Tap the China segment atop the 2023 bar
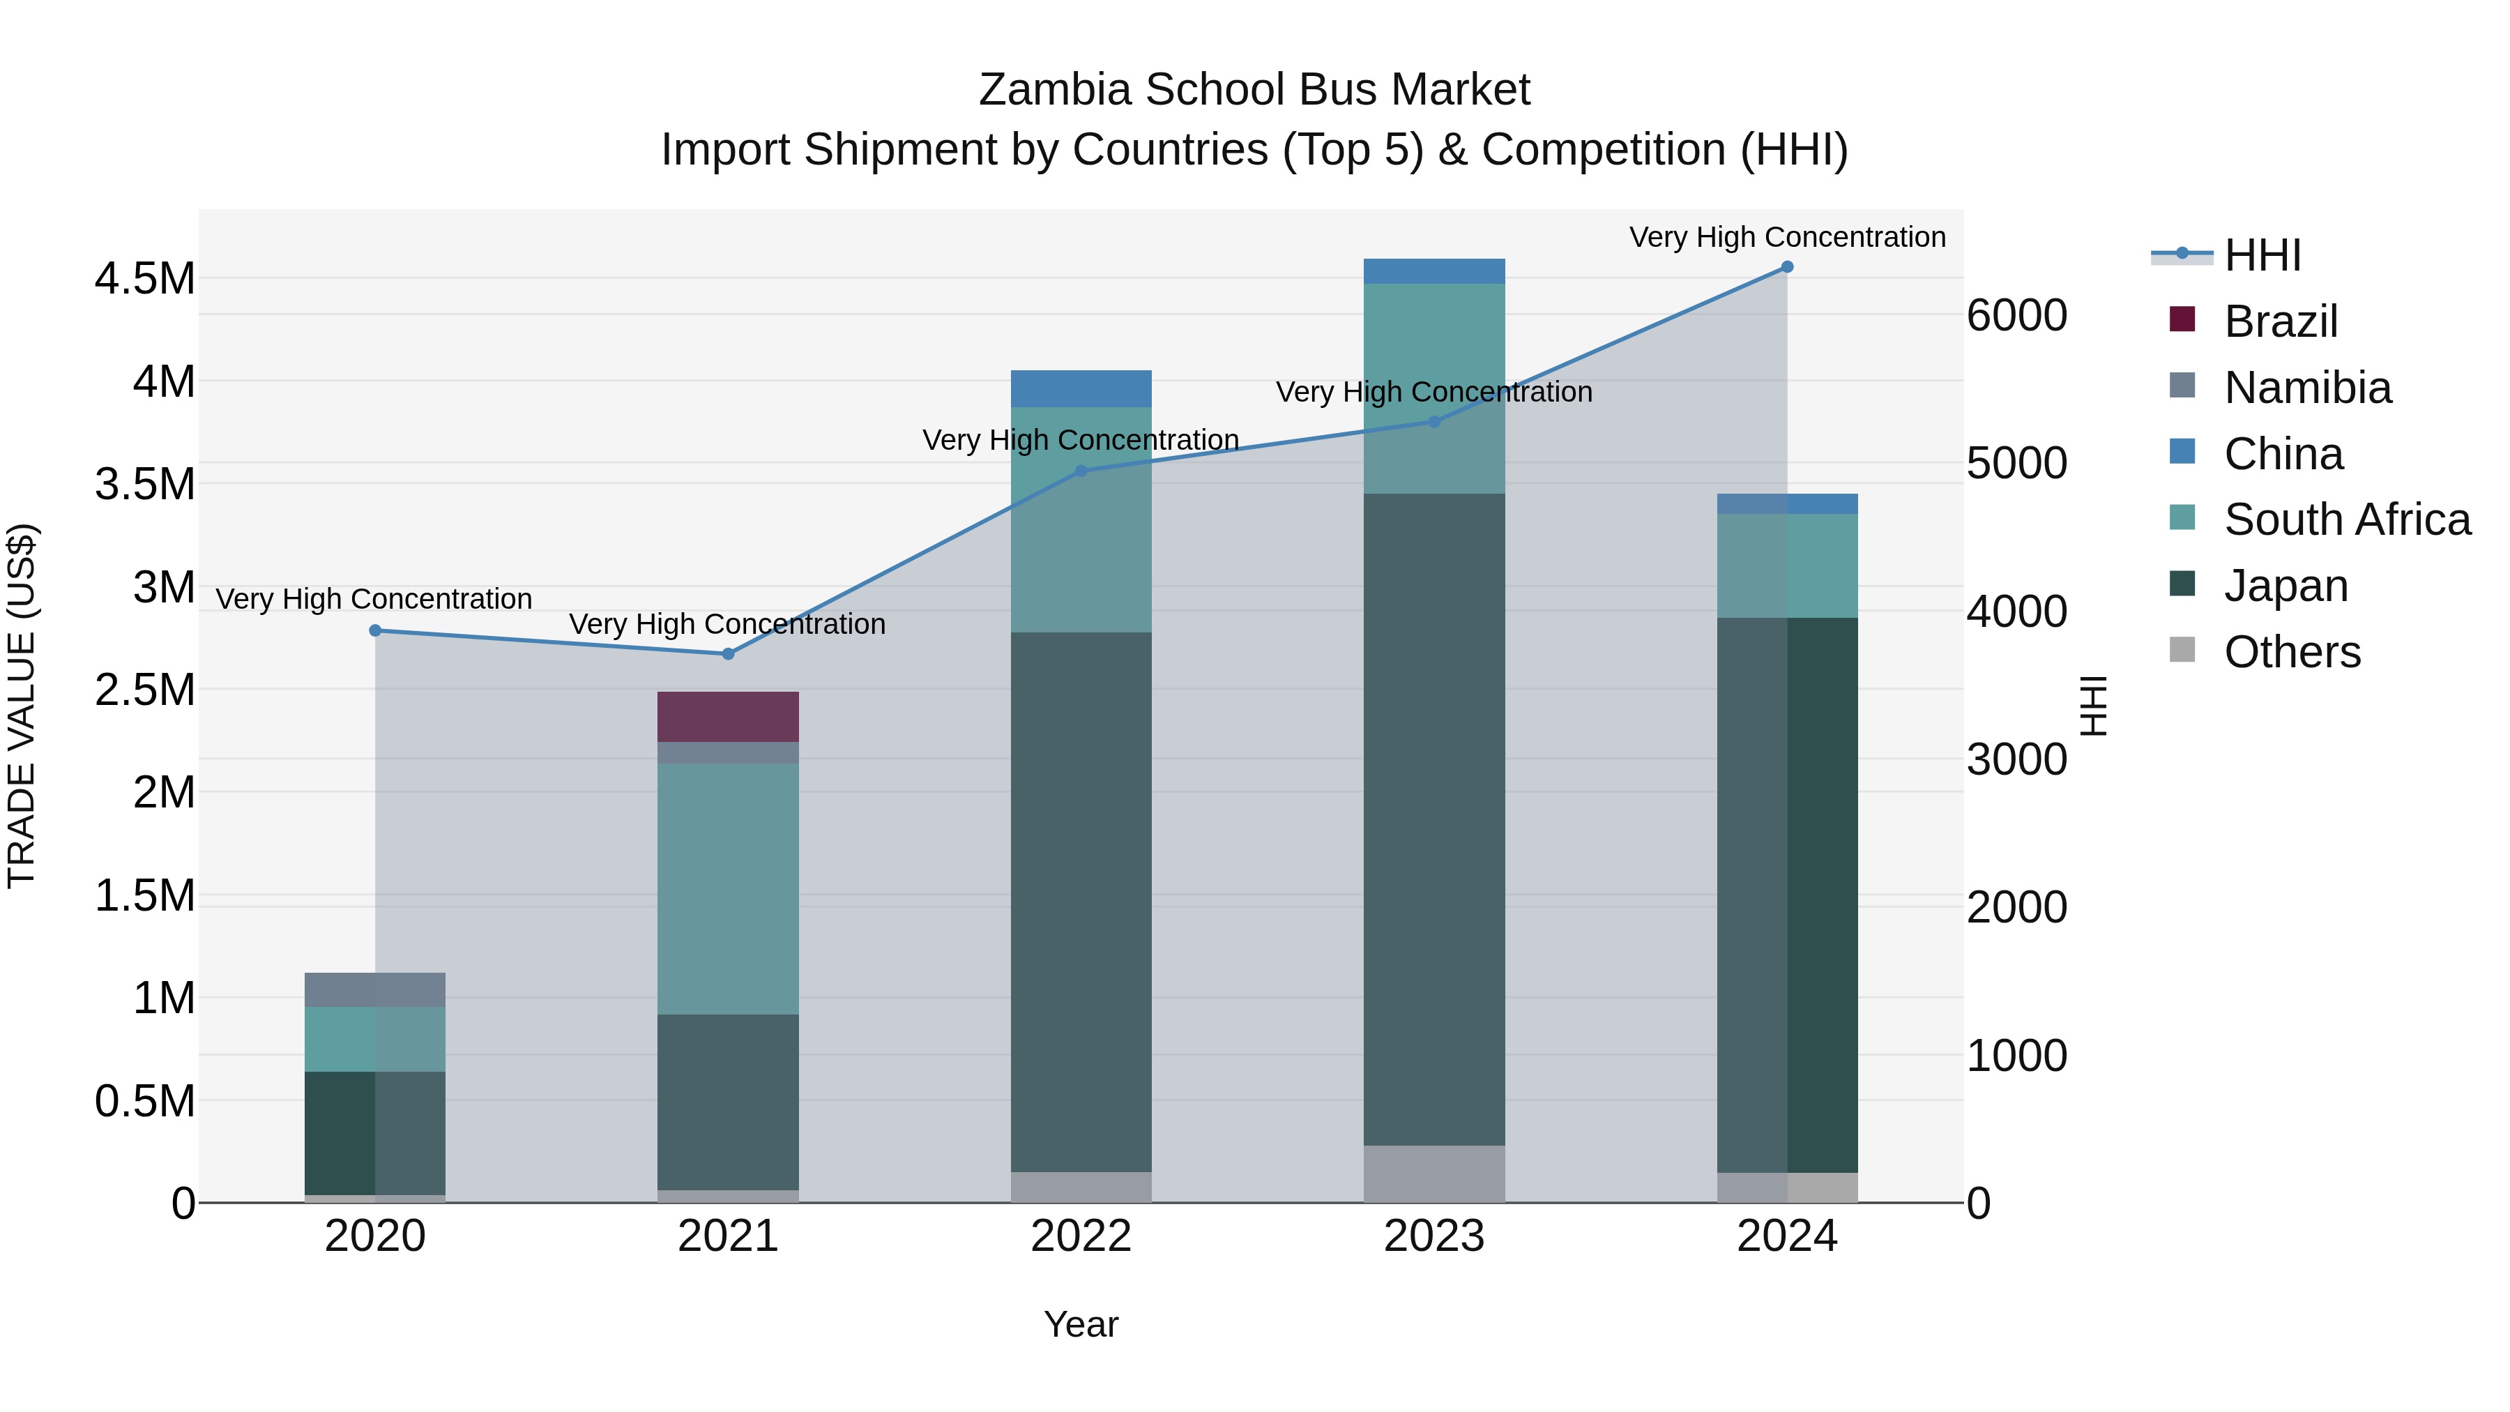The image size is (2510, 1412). click(x=1433, y=271)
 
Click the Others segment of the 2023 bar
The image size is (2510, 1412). click(x=1433, y=1174)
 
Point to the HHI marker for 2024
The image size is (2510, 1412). click(x=1787, y=267)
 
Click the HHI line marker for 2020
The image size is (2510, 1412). click(x=375, y=630)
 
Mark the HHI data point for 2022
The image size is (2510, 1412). click(x=1081, y=471)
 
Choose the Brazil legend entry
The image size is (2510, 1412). click(x=2280, y=321)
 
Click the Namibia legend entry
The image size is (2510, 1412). click(x=2307, y=387)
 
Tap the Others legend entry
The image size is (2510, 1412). click(x=2292, y=651)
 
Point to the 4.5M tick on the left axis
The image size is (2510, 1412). click(x=145, y=279)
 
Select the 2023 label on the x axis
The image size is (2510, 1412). click(x=1433, y=1236)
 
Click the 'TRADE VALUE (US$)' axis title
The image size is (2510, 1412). click(x=22, y=706)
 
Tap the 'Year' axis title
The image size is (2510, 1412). click(x=1081, y=1324)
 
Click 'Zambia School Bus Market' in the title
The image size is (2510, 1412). click(x=1254, y=90)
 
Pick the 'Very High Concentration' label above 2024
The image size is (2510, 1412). click(x=1787, y=237)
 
